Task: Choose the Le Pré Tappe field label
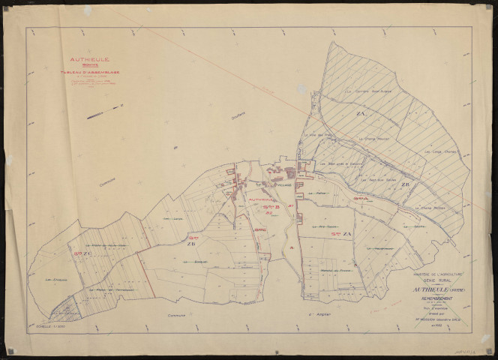click(328, 224)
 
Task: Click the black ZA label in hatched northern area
click(360, 113)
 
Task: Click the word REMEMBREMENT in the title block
click(436, 298)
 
